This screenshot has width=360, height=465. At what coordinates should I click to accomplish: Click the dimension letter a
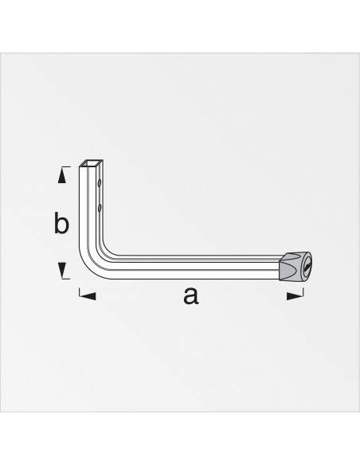pyautogui.click(x=190, y=297)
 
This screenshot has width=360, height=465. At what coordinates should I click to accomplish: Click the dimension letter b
pyautogui.click(x=61, y=224)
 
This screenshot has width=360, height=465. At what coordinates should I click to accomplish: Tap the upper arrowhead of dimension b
pyautogui.click(x=61, y=173)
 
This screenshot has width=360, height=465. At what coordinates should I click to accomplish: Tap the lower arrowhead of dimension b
pyautogui.click(x=61, y=272)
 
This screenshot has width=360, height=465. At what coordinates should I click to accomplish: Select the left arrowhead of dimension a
pyautogui.click(x=88, y=296)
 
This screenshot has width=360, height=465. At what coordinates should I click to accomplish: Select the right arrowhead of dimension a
pyautogui.click(x=294, y=296)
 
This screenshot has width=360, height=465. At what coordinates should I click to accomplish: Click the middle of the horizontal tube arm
pyautogui.click(x=191, y=267)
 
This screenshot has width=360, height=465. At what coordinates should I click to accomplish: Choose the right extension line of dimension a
pyautogui.click(x=303, y=291)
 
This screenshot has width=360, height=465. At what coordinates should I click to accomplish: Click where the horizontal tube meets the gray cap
pyautogui.click(x=280, y=265)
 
